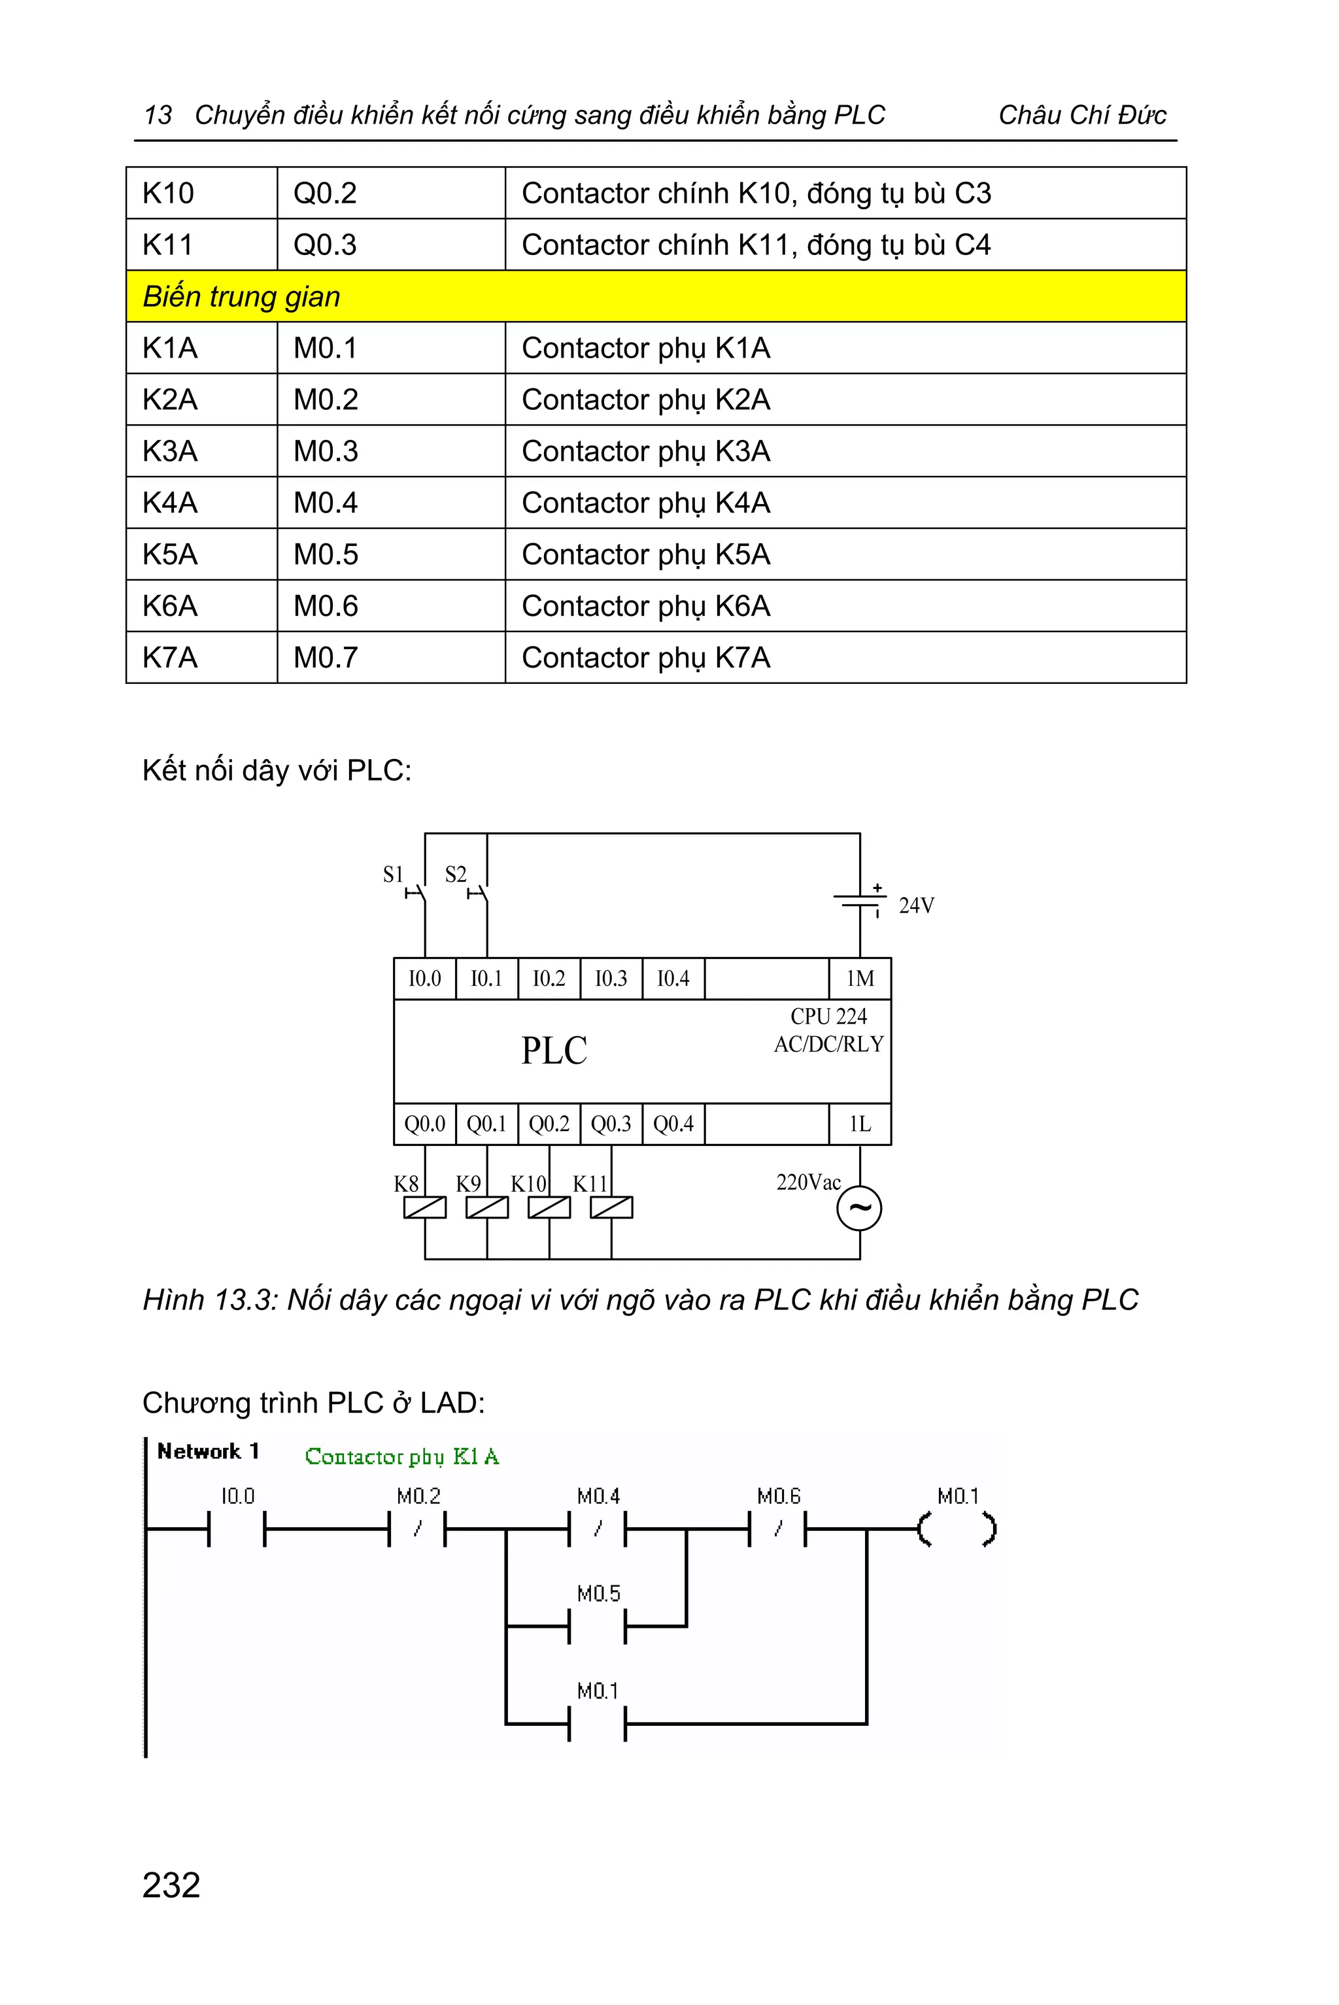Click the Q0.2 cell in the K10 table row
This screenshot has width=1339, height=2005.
pyautogui.click(x=390, y=193)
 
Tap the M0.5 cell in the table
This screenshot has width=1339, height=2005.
pyautogui.click(x=390, y=554)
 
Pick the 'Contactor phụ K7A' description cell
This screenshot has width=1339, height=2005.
pyautogui.click(x=845, y=658)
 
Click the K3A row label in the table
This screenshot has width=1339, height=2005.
pyautogui.click(x=201, y=451)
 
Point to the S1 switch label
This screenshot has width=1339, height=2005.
pyautogui.click(x=393, y=875)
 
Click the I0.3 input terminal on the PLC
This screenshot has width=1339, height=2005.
pyautogui.click(x=611, y=979)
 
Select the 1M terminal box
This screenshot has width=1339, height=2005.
pyautogui.click(x=860, y=979)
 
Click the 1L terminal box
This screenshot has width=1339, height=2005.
pyautogui.click(x=860, y=1124)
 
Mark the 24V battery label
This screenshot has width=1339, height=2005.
pyautogui.click(x=916, y=906)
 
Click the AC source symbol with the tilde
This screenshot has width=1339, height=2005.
pyautogui.click(x=859, y=1208)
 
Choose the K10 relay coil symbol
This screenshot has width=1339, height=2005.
pyautogui.click(x=549, y=1207)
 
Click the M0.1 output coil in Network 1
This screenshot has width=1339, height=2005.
pyautogui.click(x=957, y=1528)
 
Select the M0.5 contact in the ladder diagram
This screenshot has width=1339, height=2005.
pyautogui.click(x=598, y=1626)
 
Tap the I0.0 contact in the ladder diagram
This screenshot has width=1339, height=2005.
pyautogui.click(x=237, y=1528)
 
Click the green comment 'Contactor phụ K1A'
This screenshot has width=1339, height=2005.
pyautogui.click(x=401, y=1457)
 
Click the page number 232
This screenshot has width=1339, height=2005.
pyautogui.click(x=172, y=1885)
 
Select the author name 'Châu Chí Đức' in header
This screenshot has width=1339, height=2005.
pyautogui.click(x=1082, y=115)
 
